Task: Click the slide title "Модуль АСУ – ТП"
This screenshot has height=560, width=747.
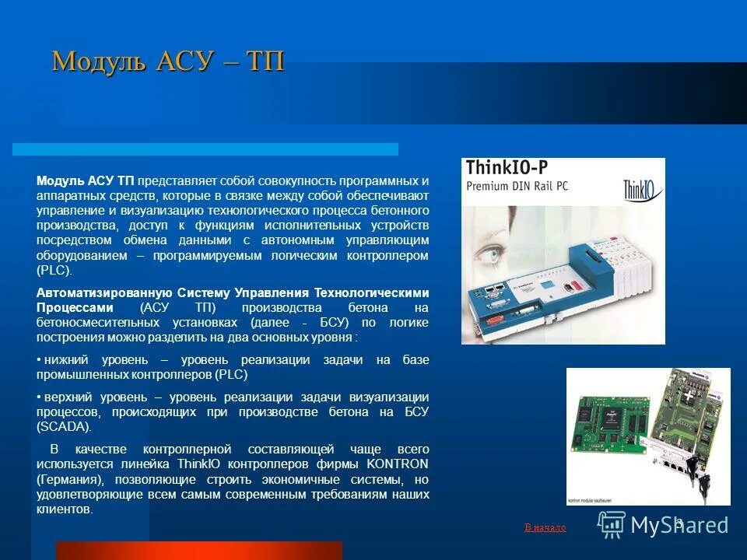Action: [167, 61]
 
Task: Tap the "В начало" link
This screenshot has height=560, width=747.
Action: [545, 527]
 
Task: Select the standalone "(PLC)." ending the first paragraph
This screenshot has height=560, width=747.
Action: [54, 270]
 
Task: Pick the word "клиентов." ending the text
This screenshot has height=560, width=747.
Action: [65, 509]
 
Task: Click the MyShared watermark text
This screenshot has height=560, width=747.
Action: [679, 525]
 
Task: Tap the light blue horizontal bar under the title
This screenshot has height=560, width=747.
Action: [206, 149]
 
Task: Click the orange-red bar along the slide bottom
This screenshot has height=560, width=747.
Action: [198, 550]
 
